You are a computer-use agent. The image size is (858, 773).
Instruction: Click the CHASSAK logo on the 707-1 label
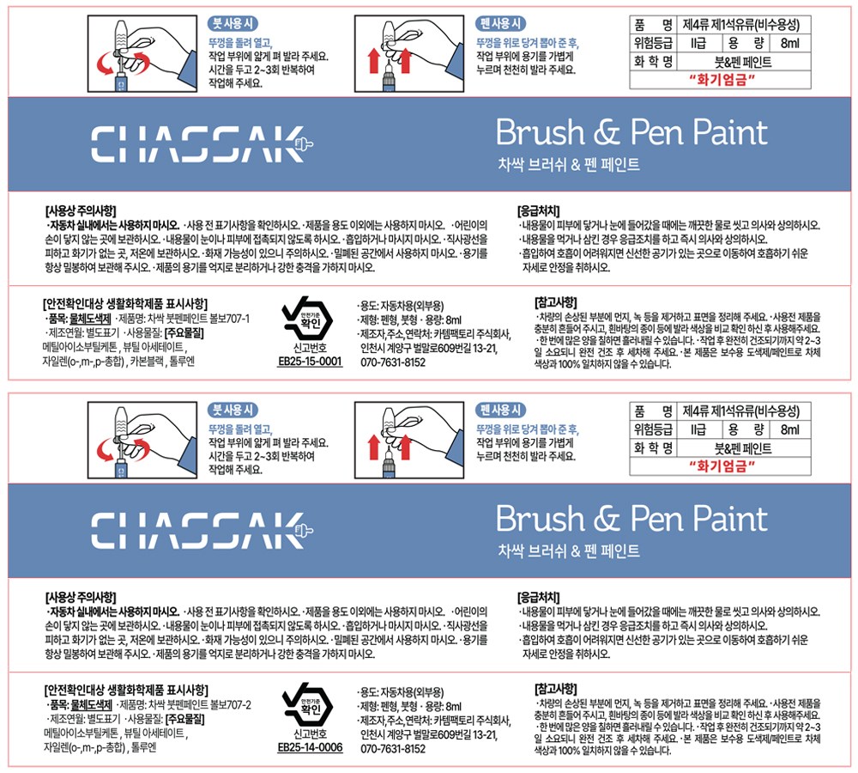(x=202, y=144)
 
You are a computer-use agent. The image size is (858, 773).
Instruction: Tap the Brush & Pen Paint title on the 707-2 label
(x=632, y=518)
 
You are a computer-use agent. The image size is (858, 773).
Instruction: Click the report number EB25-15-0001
(x=311, y=361)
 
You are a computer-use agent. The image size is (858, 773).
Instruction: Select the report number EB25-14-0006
(x=311, y=747)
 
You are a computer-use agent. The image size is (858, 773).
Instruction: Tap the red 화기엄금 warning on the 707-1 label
(x=722, y=80)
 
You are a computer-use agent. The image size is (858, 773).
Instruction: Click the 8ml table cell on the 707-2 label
(x=790, y=429)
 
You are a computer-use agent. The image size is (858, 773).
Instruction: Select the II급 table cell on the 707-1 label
(x=698, y=43)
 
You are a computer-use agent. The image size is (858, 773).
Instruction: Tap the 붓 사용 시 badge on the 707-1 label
(x=233, y=23)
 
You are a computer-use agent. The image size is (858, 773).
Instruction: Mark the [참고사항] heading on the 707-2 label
(x=555, y=689)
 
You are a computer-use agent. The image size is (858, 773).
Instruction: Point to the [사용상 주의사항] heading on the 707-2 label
(x=81, y=597)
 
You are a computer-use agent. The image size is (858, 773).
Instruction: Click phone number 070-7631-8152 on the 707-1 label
(x=393, y=362)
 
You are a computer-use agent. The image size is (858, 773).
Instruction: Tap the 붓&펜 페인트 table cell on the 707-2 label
(x=743, y=448)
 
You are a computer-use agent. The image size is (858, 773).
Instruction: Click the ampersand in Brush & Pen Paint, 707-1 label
(x=607, y=133)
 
